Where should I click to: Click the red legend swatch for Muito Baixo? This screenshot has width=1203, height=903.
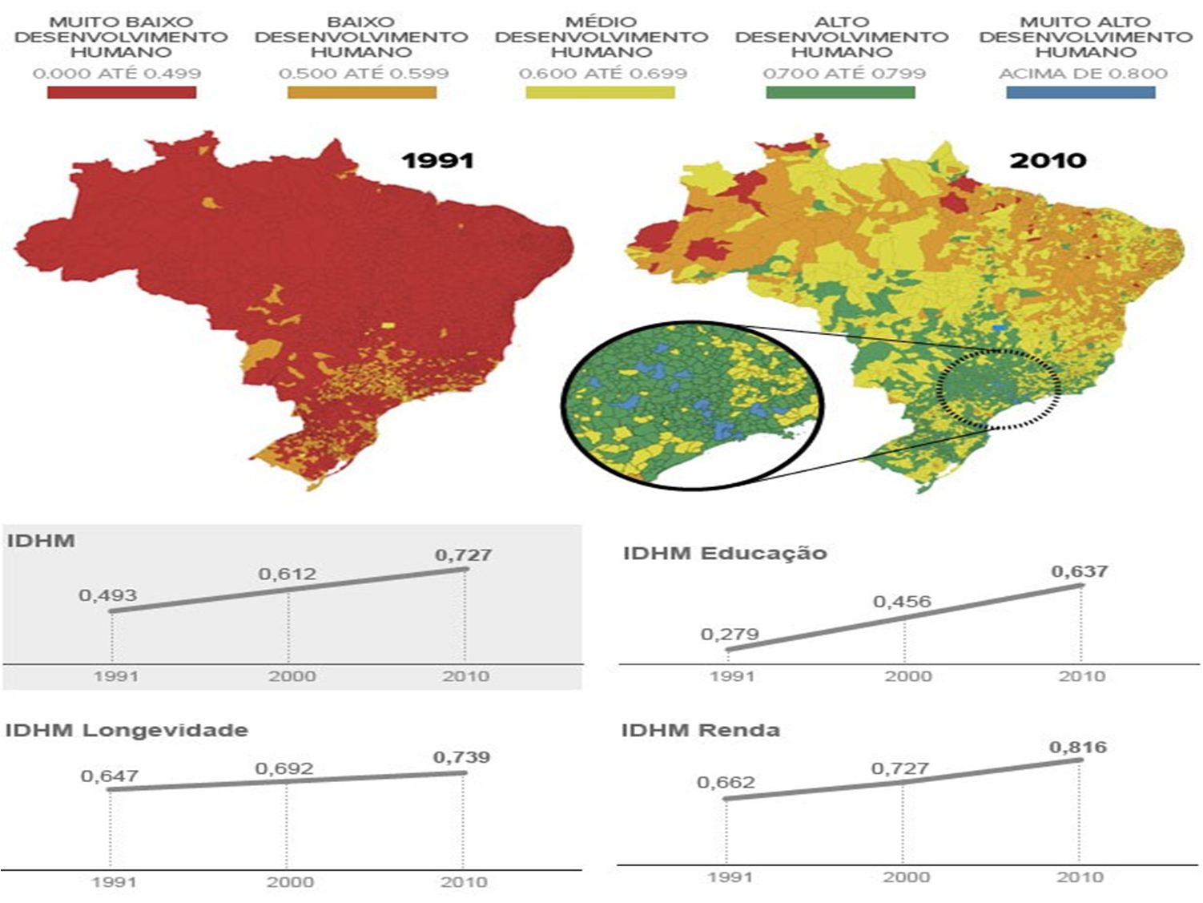coord(122,92)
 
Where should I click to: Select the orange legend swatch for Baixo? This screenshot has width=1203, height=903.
coord(362,92)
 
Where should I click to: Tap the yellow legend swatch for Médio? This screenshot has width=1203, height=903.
coord(600,92)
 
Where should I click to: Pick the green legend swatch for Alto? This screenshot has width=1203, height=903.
coord(840,92)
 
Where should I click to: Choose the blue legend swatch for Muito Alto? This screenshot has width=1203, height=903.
coord(1080,92)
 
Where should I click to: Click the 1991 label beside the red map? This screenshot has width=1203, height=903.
coord(437,160)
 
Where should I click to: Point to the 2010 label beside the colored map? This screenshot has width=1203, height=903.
coord(1048,160)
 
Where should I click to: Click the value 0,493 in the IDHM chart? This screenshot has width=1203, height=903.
coord(108,595)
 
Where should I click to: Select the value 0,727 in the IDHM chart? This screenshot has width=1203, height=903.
coord(463,554)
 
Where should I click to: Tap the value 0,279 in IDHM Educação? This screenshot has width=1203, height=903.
coord(730,635)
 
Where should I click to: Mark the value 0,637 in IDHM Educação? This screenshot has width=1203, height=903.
coord(1080,571)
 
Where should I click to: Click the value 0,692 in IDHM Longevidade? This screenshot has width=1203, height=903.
coord(284,769)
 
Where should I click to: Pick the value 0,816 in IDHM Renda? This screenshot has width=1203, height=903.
coord(1078,748)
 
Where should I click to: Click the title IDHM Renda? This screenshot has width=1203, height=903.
coord(701,730)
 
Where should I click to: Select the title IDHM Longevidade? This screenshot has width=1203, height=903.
coord(127,730)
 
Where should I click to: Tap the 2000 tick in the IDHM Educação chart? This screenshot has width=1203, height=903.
coord(907,676)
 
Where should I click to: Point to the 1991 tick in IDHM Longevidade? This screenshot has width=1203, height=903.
coord(115,882)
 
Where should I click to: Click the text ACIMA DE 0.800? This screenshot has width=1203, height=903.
coord(1083,74)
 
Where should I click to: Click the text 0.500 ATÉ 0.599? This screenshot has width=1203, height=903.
coord(364,74)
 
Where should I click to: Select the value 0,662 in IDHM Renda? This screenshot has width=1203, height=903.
coord(726,783)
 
